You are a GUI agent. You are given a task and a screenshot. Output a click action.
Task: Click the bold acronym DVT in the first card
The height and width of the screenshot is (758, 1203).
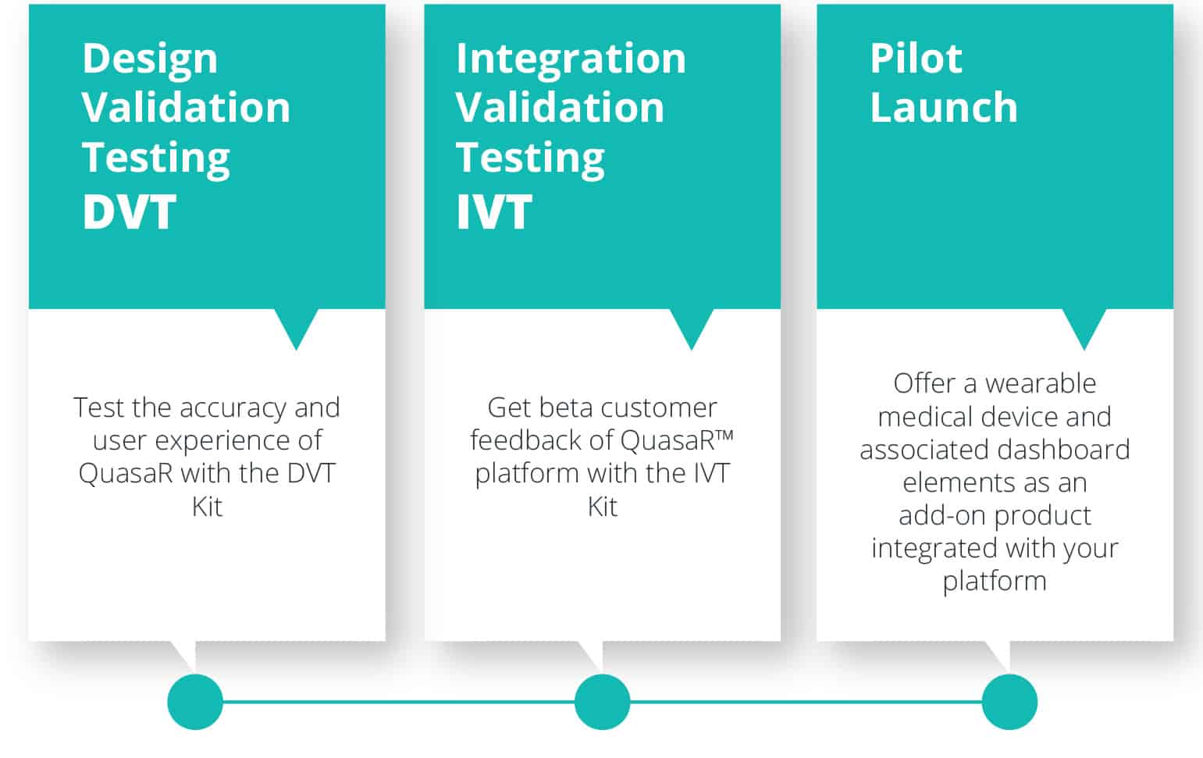tap(129, 212)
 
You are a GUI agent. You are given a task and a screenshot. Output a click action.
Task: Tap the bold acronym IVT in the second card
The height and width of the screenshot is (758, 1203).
tap(494, 212)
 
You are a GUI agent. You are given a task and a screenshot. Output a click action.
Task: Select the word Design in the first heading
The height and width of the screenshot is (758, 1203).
tap(150, 59)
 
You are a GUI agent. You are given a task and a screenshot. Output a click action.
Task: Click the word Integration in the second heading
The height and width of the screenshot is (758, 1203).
tap(571, 59)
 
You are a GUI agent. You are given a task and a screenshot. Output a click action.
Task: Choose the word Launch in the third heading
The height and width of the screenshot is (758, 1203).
tap(944, 107)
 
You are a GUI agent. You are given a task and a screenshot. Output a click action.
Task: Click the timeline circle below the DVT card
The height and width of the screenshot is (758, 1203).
tap(195, 702)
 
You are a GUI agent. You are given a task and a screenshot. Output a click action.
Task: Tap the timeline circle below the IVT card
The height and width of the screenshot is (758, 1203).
tap(602, 702)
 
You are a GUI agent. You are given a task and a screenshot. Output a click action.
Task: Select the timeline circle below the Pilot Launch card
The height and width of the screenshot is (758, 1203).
tap(1009, 702)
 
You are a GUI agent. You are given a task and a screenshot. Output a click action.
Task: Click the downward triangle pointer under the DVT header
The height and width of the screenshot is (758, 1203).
tap(296, 323)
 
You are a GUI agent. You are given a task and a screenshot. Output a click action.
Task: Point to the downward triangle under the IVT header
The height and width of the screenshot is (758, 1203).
tap(691, 323)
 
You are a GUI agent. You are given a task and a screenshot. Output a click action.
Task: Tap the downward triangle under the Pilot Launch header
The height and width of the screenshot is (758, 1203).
tap(1084, 323)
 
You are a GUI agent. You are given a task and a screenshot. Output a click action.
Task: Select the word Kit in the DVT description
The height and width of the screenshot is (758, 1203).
tap(207, 506)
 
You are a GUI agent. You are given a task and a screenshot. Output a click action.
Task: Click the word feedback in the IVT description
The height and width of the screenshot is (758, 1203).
tap(526, 440)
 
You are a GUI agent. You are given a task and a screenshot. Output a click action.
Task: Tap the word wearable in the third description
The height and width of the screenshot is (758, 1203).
tap(1041, 383)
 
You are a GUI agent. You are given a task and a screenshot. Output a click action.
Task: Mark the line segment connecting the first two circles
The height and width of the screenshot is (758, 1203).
tap(398, 702)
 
